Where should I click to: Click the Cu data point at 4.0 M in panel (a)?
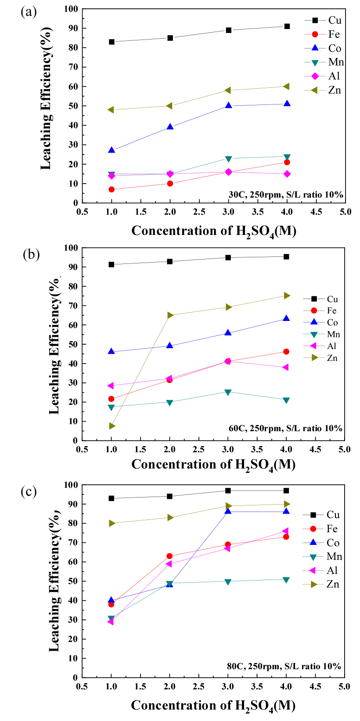tap(287, 26)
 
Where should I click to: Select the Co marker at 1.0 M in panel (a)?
tap(112, 150)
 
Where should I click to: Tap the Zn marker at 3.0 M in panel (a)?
tap(228, 90)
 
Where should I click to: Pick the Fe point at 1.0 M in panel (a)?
tap(112, 189)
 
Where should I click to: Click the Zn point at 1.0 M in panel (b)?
tap(112, 426)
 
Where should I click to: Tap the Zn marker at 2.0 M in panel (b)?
tap(170, 315)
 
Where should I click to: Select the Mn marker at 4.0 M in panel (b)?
tap(286, 400)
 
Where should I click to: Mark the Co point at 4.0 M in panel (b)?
tap(286, 319)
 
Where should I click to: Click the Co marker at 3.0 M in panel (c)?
tap(228, 511)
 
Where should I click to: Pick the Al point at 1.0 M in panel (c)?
tap(111, 622)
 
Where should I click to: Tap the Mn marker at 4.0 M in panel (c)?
tap(286, 580)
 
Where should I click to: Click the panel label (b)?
tap(31, 254)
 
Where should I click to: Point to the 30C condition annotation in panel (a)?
tap(285, 195)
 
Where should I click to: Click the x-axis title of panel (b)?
tap(213, 465)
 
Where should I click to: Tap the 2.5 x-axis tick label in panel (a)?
tap(199, 212)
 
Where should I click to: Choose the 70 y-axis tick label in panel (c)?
tap(72, 543)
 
